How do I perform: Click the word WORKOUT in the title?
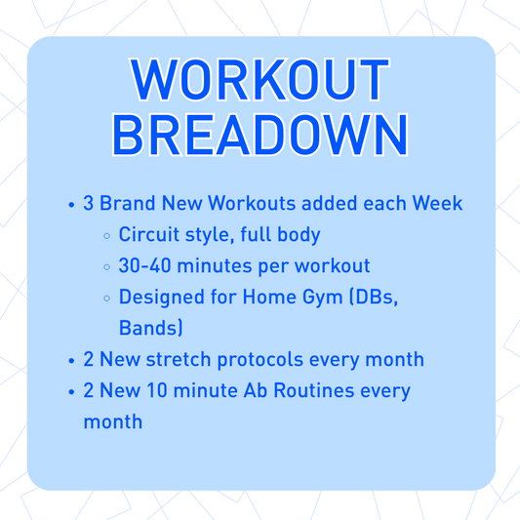click(x=260, y=80)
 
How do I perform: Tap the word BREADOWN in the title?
click(x=260, y=136)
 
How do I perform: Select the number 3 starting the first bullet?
click(x=89, y=205)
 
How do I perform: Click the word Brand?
click(x=127, y=205)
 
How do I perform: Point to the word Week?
click(x=438, y=205)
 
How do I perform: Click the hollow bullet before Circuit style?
click(x=106, y=236)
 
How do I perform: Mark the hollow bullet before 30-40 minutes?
click(x=106, y=266)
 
